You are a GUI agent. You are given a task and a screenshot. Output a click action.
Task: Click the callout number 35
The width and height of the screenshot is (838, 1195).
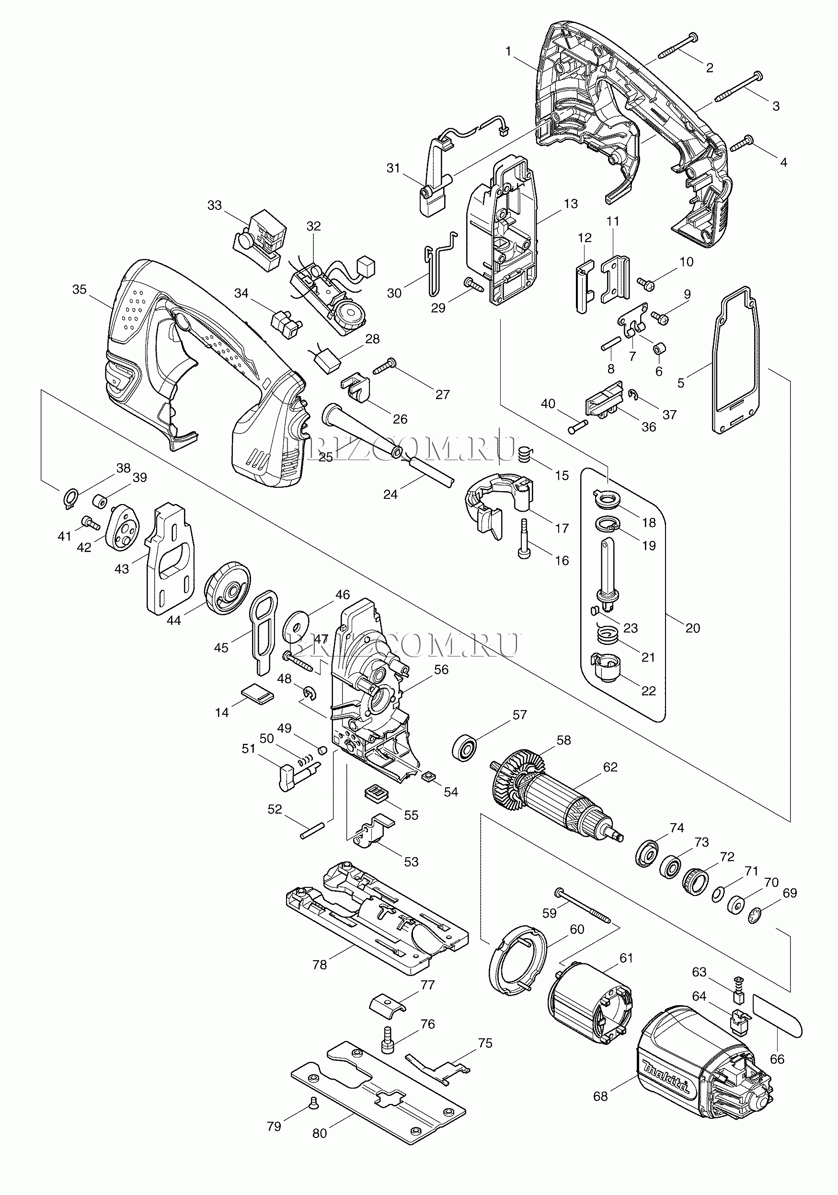(79, 289)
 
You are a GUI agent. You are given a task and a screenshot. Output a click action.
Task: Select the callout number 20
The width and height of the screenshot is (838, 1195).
(692, 628)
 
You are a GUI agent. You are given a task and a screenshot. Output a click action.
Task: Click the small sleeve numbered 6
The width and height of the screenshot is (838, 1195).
(660, 348)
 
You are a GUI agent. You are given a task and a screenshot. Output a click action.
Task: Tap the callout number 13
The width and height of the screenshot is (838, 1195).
(571, 204)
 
